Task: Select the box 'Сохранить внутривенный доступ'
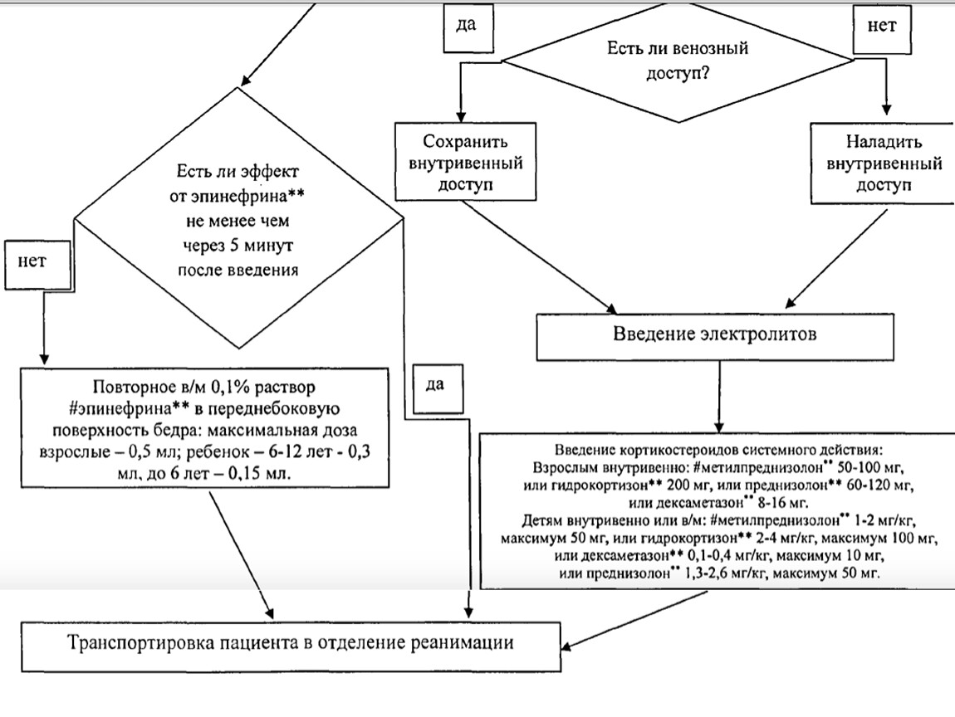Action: click(463, 162)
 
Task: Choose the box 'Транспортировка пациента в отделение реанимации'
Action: click(291, 643)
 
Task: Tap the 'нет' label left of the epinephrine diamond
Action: click(32, 260)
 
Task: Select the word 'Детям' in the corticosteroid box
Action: click(542, 521)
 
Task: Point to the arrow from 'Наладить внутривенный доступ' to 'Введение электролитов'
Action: click(830, 257)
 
